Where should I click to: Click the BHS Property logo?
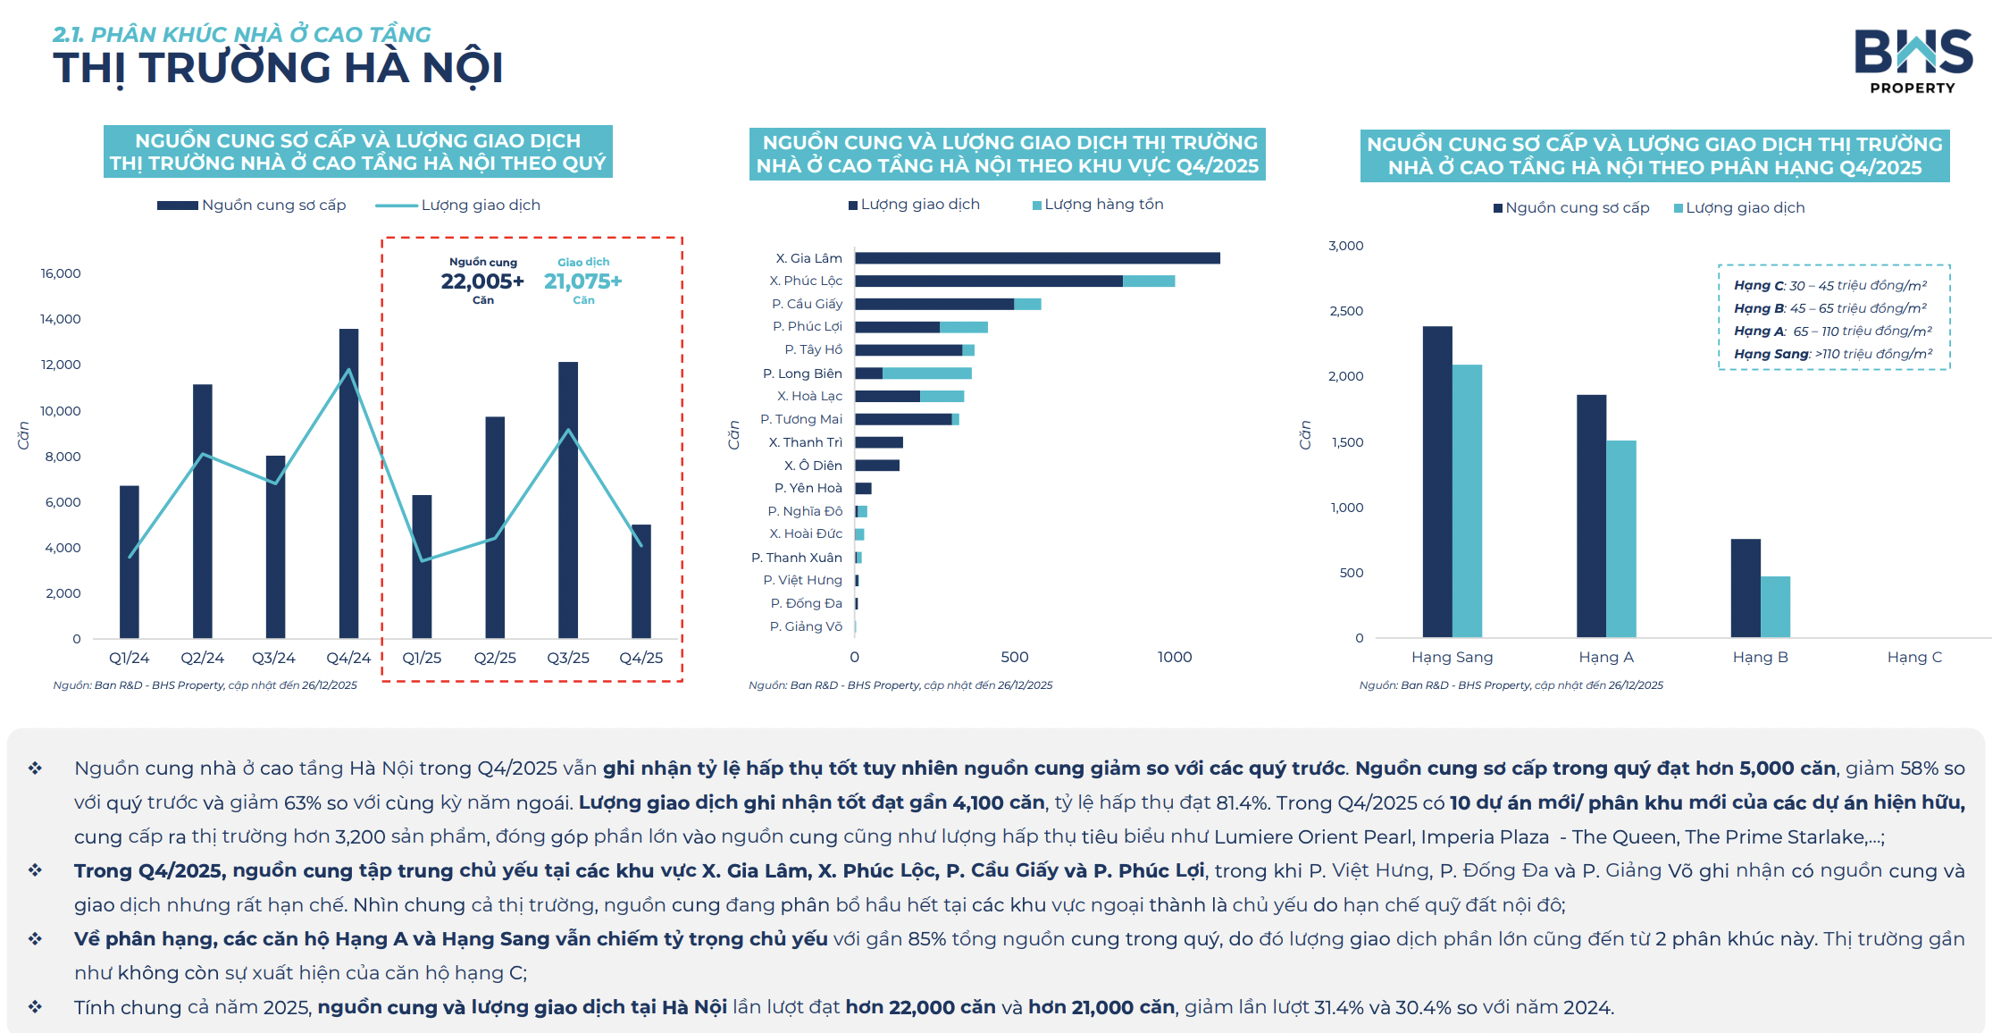(1913, 61)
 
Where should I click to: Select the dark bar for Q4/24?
(348, 483)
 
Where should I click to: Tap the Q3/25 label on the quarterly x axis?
(568, 658)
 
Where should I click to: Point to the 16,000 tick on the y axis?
(61, 273)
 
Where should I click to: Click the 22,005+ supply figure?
(482, 281)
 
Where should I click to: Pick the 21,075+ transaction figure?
(582, 281)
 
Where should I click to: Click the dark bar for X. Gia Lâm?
(1036, 258)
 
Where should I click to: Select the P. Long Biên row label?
(802, 374)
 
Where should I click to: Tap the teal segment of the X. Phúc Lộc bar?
(1149, 281)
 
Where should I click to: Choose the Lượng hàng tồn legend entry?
(1103, 205)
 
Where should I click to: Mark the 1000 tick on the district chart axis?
(1175, 658)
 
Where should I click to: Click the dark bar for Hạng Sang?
(1437, 483)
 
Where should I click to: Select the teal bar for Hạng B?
(1775, 607)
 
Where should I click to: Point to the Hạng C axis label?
(1914, 658)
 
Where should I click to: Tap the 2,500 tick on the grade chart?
(1346, 311)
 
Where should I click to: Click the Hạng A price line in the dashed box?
(1832, 332)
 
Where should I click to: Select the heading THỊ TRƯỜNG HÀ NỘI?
(278, 68)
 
